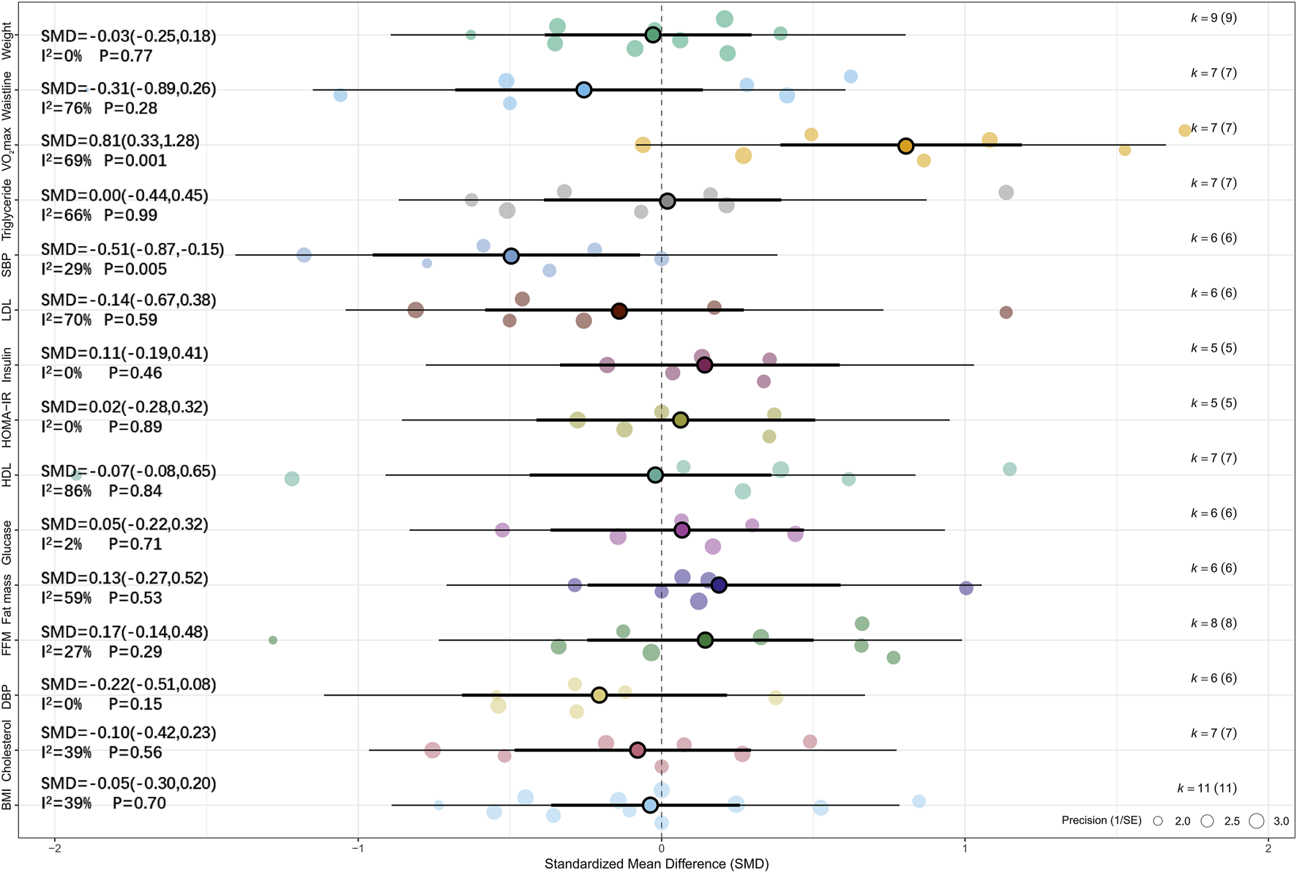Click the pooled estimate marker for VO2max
coord(905,146)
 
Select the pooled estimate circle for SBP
coord(511,256)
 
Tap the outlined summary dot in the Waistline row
coord(583,90)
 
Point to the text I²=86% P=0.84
coord(102,491)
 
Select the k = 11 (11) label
coord(1207,788)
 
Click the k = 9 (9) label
coord(1214,18)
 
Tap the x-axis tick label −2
coord(54,848)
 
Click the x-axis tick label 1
coord(965,848)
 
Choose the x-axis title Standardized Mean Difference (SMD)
coord(657,864)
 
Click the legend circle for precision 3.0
coord(1257,821)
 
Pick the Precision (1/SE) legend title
coord(1101,820)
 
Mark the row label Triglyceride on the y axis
coord(7,209)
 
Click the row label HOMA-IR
coord(7,420)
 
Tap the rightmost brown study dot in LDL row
coord(1006,313)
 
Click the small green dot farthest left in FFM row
coord(273,640)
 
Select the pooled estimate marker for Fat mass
coord(719,585)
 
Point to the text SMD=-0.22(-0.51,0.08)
coord(128,685)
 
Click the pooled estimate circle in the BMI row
coord(650,806)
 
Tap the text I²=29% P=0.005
coord(104,270)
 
